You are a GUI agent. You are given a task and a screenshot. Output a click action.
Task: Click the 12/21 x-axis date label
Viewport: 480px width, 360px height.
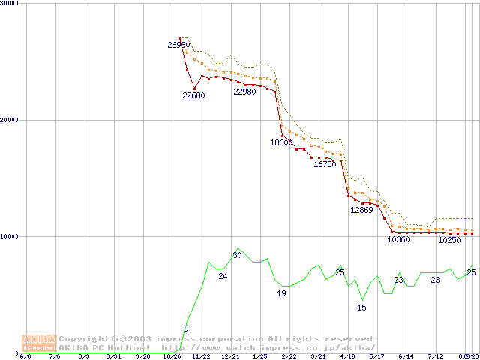point(230,356)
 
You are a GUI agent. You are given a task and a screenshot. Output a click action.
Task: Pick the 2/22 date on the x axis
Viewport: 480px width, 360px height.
point(289,356)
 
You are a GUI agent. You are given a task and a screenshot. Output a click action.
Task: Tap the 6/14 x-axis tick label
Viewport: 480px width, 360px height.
point(406,356)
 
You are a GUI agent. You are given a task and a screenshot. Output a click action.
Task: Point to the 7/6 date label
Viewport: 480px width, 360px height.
point(55,356)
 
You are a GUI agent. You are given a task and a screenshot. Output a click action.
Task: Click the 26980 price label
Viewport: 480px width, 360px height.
point(178,45)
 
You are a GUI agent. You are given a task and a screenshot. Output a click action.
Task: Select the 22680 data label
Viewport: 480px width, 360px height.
point(193,95)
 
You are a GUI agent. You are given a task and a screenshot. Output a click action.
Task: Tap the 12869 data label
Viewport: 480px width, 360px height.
point(361,210)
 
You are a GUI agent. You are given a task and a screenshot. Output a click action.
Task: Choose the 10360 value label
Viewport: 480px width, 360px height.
point(398,240)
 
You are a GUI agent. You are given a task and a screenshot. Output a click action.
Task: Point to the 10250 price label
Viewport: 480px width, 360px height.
point(448,241)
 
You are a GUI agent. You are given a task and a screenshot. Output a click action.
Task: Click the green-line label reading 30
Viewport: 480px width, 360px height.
point(237,255)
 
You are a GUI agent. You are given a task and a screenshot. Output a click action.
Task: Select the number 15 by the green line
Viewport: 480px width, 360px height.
point(361,307)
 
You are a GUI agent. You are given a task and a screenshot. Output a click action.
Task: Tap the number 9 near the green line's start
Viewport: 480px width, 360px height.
point(186,328)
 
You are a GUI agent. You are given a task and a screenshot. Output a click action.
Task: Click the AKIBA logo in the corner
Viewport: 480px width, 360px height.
point(39,343)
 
